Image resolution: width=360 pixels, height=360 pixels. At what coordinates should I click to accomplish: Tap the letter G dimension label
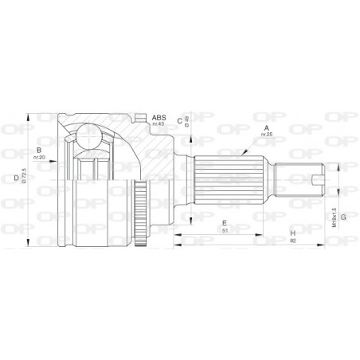point(343,216)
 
